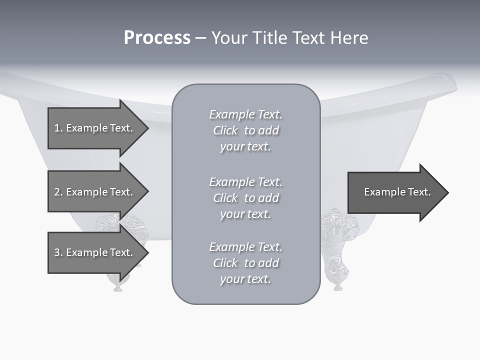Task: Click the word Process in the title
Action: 157,38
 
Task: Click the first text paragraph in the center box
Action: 245,130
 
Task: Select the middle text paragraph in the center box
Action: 245,198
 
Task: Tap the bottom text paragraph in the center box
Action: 245,263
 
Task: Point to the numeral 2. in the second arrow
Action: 58,192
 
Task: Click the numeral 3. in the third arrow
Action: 58,252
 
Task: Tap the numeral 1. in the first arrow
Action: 58,128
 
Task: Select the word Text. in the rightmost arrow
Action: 419,192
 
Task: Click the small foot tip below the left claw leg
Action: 117,287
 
